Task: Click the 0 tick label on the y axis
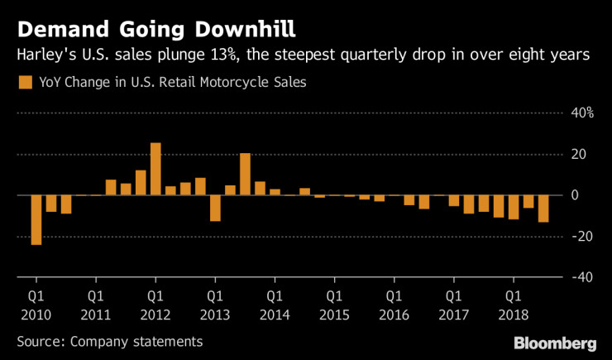pyautogui.click(x=581, y=195)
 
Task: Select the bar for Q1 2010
pyautogui.click(x=36, y=219)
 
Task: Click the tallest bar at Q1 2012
pyautogui.click(x=155, y=169)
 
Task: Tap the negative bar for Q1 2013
pyautogui.click(x=215, y=208)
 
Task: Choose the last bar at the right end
pyautogui.click(x=543, y=209)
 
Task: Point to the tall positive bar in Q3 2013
pyautogui.click(x=245, y=174)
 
